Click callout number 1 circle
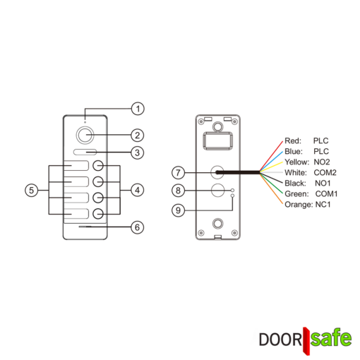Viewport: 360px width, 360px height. point(138,109)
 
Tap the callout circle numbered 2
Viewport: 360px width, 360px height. point(138,136)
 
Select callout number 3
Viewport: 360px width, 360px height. point(138,152)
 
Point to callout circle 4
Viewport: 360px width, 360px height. point(138,190)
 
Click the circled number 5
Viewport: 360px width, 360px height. point(31,190)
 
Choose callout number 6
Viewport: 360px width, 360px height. point(138,227)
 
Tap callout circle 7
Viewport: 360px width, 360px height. point(178,172)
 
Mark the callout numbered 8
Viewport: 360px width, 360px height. point(178,190)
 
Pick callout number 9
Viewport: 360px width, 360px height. point(178,210)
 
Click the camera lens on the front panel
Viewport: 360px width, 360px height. point(85,135)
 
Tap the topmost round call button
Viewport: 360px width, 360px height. point(98,166)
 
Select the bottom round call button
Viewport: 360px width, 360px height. point(98,214)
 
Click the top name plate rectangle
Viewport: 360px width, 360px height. point(76,166)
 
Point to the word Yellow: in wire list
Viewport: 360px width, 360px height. point(296,162)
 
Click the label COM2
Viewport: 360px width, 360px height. point(325,173)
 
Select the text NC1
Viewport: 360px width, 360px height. point(323,205)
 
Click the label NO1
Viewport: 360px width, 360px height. point(323,184)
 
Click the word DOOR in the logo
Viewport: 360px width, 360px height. point(280,340)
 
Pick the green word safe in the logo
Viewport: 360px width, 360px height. point(331,337)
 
